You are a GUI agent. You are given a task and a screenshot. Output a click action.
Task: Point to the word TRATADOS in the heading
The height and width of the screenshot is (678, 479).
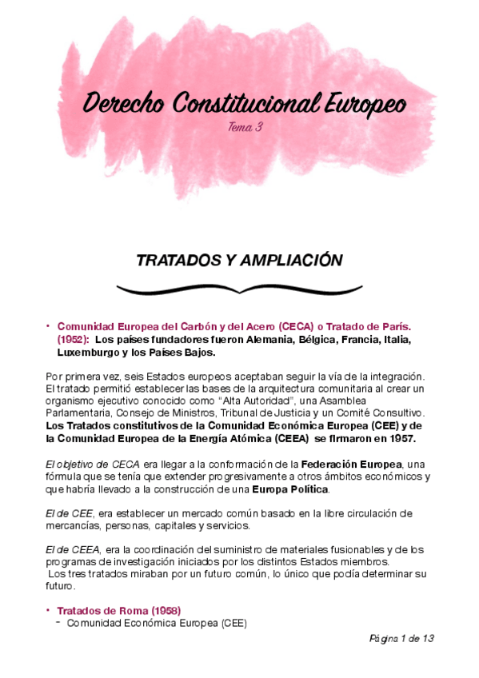pos(175,260)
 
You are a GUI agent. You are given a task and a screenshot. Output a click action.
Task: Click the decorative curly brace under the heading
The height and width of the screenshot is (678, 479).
pos(239,287)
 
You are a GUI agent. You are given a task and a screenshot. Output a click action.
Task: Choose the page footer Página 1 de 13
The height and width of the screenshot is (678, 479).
pos(401,639)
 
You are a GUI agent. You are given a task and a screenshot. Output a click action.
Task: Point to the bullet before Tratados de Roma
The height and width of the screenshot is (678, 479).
pos(50,609)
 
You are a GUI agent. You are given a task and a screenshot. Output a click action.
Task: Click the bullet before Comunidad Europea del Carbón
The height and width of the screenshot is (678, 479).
pos(50,325)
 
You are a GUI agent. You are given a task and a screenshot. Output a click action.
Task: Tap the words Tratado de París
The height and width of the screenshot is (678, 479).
pos(377,328)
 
